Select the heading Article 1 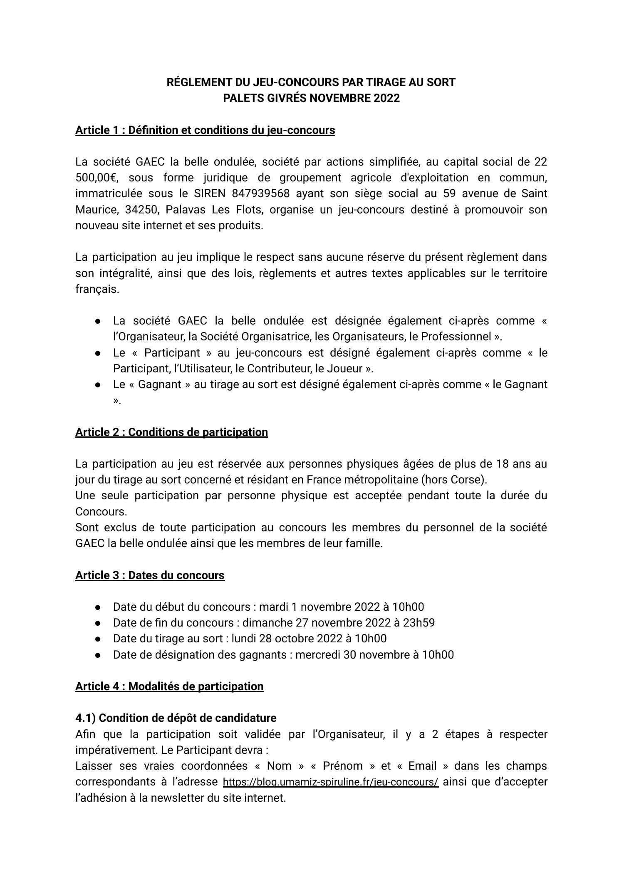point(205,130)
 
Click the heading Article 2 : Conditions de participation point(171,432)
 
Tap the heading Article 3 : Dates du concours point(150,575)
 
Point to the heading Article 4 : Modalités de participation point(169,686)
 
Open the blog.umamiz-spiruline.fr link point(330,782)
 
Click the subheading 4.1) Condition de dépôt point(176,718)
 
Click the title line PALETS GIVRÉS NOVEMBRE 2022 point(311,98)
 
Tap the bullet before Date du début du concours point(98,607)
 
